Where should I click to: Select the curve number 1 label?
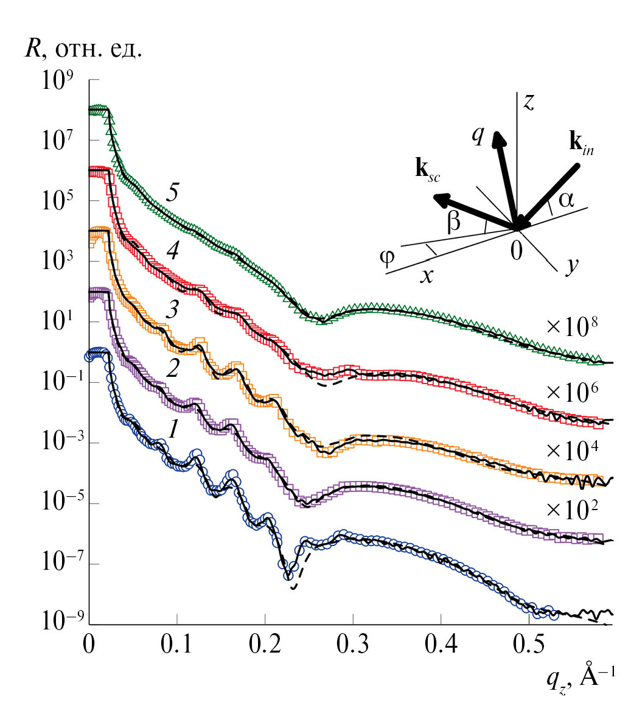173,431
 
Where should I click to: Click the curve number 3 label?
172,312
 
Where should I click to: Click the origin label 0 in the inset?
517,250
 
